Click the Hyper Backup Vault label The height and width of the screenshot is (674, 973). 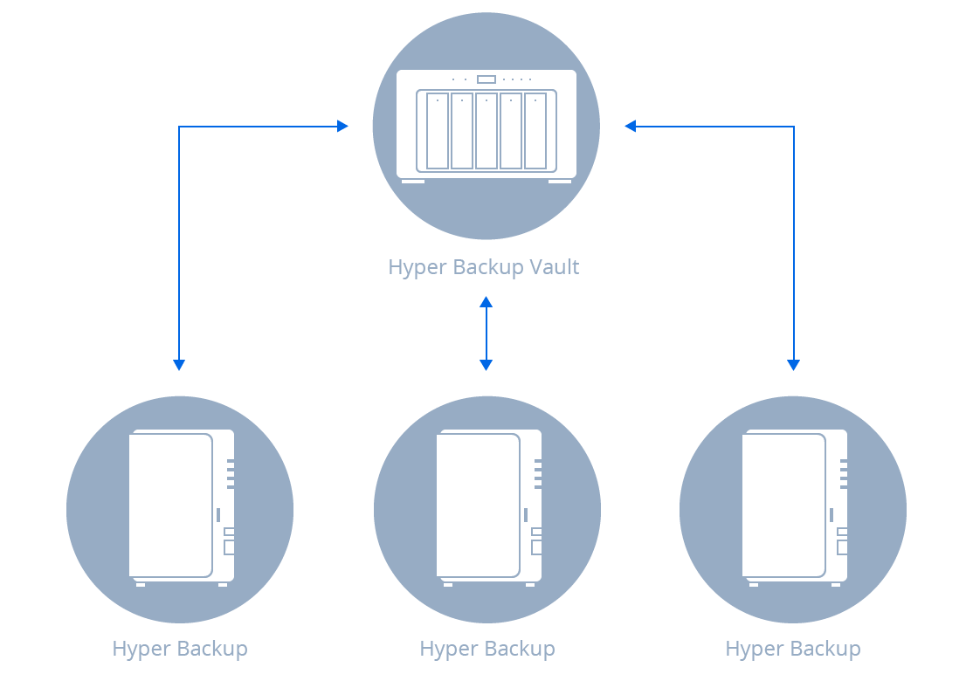point(484,267)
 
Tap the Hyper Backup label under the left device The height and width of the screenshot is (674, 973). point(180,649)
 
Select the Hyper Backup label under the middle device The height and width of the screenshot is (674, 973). point(487,649)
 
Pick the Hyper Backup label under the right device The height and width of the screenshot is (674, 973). point(793,649)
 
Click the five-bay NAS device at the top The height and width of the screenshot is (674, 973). point(486,126)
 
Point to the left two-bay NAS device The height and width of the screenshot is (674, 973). point(181,506)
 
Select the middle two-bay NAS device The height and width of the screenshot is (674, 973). point(487,506)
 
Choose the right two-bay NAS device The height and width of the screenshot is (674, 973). point(794,506)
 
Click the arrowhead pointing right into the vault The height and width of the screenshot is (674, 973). point(343,127)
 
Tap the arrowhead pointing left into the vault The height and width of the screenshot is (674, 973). point(630,127)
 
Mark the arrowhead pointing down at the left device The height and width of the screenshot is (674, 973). point(179,365)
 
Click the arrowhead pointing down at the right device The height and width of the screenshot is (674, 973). point(794,365)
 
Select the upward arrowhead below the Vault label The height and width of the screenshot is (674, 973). point(486,302)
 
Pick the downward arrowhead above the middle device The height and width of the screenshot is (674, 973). point(486,365)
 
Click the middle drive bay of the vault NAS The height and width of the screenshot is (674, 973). point(486,131)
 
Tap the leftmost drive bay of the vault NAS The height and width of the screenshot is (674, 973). point(438,131)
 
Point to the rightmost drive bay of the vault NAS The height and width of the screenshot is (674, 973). point(535,131)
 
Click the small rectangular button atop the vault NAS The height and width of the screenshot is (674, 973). point(486,79)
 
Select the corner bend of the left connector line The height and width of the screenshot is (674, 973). point(179,127)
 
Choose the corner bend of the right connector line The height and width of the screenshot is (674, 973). point(794,127)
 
